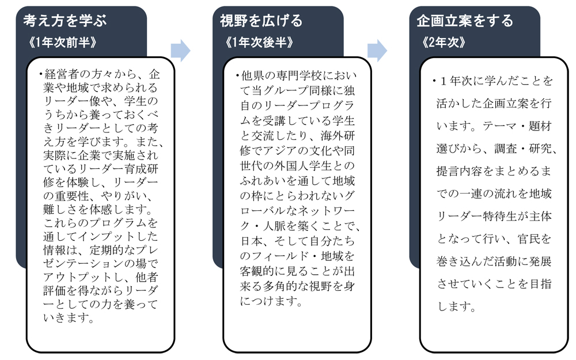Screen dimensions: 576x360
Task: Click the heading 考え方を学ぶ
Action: [65, 21]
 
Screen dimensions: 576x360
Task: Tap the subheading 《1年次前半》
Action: [62, 43]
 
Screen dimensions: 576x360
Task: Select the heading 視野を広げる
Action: [261, 21]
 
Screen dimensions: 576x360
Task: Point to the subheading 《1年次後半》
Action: [259, 43]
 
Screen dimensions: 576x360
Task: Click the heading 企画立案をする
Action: [465, 21]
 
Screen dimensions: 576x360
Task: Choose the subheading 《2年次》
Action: [444, 43]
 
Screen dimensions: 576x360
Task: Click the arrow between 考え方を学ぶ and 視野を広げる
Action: [180, 50]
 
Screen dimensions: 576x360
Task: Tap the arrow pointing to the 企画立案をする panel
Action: [377, 50]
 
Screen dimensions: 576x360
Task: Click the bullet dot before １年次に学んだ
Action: [434, 81]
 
